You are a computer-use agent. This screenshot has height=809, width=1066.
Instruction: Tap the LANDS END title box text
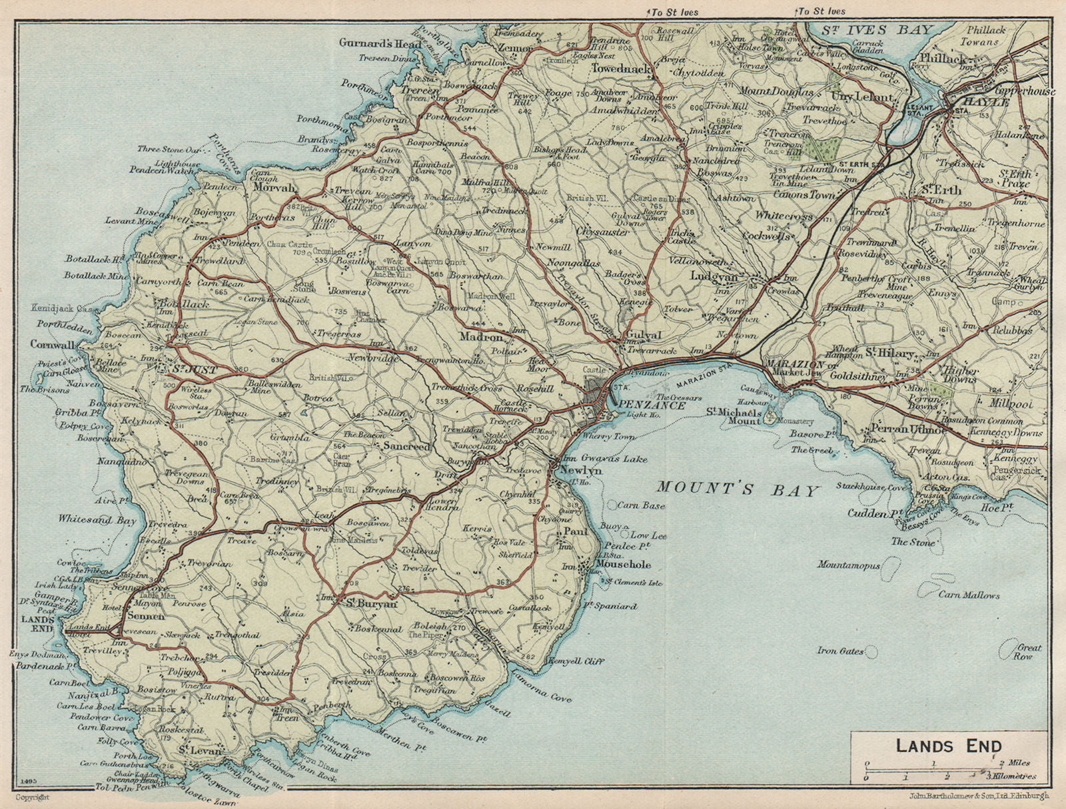948,745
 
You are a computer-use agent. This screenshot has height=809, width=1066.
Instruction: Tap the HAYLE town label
979,104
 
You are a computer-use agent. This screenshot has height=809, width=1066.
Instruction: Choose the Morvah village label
274,188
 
